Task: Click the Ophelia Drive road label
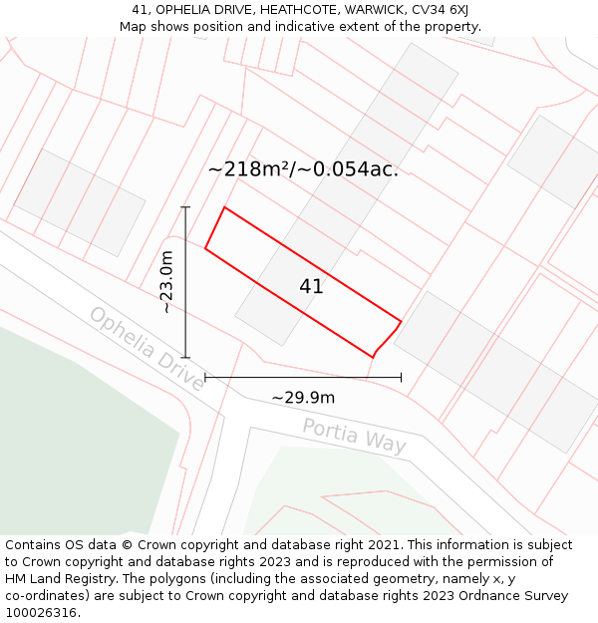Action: (x=146, y=349)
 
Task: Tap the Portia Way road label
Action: (x=354, y=436)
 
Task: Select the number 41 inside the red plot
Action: (x=311, y=287)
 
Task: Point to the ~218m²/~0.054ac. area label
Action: (x=303, y=168)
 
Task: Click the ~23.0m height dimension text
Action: (x=167, y=282)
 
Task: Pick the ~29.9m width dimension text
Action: (x=303, y=398)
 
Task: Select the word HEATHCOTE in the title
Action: (x=296, y=10)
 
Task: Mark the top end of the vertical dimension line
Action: (x=185, y=207)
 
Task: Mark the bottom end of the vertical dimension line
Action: (x=185, y=357)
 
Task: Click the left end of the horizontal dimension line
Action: (x=205, y=377)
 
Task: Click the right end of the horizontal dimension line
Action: (x=401, y=377)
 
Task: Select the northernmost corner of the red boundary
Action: (x=224, y=207)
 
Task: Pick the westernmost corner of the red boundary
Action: (x=205, y=248)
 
